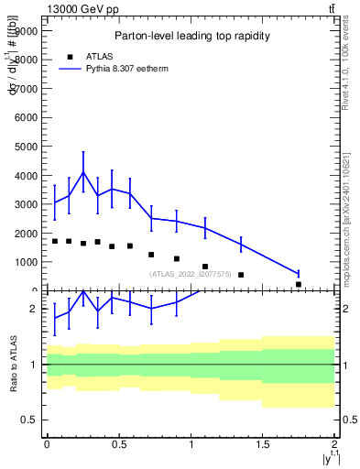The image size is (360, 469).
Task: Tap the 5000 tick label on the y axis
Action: click(x=27, y=146)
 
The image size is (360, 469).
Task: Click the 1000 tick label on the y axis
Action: click(x=27, y=262)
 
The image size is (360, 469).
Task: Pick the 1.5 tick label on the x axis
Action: click(x=263, y=443)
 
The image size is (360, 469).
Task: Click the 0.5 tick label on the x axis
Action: click(x=118, y=443)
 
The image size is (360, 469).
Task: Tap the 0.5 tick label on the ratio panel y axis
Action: click(x=29, y=420)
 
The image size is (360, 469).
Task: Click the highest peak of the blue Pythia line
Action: click(x=83, y=172)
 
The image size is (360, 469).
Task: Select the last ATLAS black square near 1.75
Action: click(x=299, y=285)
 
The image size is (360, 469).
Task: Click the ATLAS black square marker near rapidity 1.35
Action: click(x=241, y=275)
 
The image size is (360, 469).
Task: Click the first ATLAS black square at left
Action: click(x=54, y=241)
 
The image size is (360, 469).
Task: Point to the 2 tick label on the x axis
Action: click(x=335, y=443)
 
